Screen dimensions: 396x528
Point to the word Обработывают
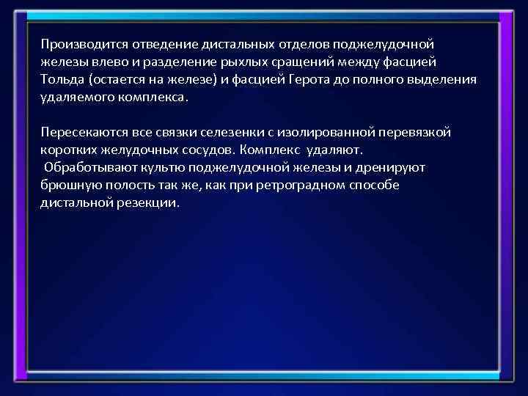(x=84, y=167)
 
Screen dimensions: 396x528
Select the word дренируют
(x=394, y=167)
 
